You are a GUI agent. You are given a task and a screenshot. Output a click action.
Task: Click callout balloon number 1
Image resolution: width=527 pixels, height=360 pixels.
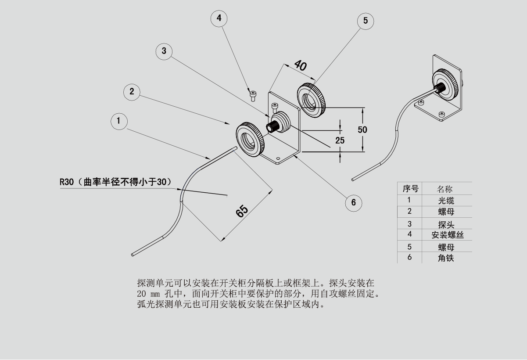tap(119, 121)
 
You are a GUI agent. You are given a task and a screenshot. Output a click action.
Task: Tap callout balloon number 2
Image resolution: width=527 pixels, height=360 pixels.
tap(132, 92)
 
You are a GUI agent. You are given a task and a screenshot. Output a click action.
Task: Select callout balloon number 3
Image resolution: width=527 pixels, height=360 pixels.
tap(164, 51)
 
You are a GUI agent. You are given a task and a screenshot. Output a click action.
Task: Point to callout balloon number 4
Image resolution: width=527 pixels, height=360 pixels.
tap(219, 18)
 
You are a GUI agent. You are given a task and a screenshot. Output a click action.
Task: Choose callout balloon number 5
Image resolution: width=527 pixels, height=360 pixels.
tap(366, 21)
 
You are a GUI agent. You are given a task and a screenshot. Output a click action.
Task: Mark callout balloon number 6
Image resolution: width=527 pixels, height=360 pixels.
tap(353, 202)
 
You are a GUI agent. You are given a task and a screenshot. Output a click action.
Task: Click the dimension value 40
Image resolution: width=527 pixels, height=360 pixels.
tap(300, 65)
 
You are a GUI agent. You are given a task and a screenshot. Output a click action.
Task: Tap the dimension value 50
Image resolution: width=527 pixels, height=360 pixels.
tap(362, 130)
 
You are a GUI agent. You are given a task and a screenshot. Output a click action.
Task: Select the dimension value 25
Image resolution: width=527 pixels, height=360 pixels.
tap(340, 140)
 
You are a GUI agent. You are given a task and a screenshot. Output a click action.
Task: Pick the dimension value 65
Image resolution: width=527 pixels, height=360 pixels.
tap(242, 211)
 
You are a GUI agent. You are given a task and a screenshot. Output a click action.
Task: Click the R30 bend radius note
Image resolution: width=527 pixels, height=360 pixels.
tap(115, 182)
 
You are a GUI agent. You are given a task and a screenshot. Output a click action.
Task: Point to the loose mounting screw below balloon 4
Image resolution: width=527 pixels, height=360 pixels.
tap(253, 95)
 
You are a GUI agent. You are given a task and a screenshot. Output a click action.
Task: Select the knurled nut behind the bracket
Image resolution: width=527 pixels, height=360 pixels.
tap(312, 100)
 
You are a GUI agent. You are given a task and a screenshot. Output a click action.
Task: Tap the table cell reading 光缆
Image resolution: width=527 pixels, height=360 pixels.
tap(446, 201)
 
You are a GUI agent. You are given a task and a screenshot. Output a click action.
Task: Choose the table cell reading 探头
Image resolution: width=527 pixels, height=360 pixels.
tap(446, 224)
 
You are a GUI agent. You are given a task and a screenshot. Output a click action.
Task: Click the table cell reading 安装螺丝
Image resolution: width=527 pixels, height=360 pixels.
tap(447, 235)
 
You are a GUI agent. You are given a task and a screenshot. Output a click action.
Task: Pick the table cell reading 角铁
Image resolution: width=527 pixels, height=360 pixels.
tap(446, 258)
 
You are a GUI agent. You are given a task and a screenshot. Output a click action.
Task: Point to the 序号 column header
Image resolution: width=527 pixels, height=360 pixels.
tap(410, 189)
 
